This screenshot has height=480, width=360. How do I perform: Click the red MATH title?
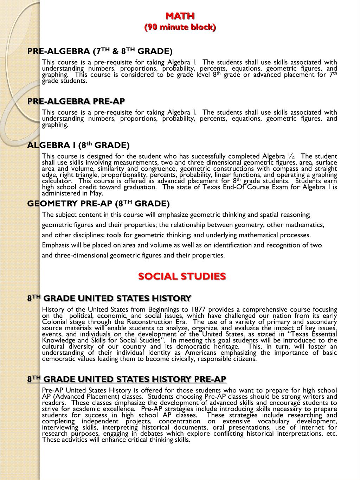click(x=180, y=16)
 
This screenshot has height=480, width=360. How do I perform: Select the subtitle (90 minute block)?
click(x=180, y=27)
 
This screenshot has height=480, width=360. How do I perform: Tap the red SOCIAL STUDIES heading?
click(x=182, y=276)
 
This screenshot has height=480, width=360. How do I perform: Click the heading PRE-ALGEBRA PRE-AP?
click(x=76, y=102)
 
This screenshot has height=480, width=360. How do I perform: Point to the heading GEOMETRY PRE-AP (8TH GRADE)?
click(x=98, y=204)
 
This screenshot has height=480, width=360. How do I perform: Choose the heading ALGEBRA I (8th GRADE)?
click(x=78, y=145)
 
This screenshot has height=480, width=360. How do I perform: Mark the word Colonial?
click(x=54, y=322)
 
